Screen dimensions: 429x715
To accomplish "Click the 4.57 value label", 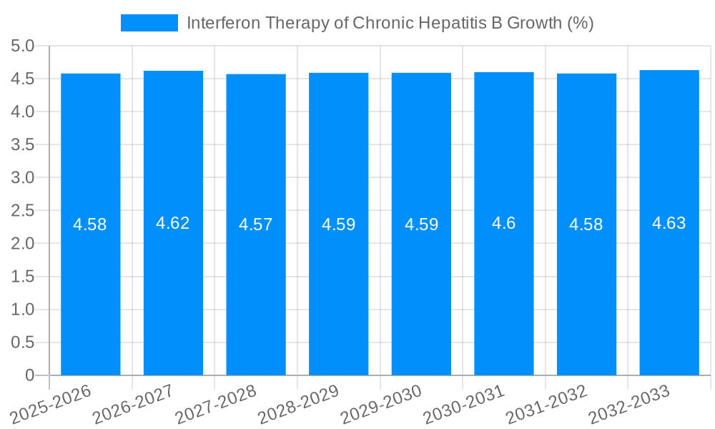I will coord(256,225).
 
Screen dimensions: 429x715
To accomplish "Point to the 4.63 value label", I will coord(669,223).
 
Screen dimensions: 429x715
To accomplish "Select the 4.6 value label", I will coord(503,223).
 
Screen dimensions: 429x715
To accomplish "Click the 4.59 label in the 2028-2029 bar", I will coord(338,225).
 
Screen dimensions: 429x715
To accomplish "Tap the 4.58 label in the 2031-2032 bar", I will coord(586,225).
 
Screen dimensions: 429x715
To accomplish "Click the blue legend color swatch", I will coord(149,23).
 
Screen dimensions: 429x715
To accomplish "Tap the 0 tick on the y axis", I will coord(29,375).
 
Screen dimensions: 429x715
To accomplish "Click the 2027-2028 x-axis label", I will coord(216,405).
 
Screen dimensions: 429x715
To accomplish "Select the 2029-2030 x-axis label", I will coord(381,405).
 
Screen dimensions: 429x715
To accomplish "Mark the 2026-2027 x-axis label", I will coord(134,405).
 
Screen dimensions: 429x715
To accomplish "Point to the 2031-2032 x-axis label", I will coord(547,405).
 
